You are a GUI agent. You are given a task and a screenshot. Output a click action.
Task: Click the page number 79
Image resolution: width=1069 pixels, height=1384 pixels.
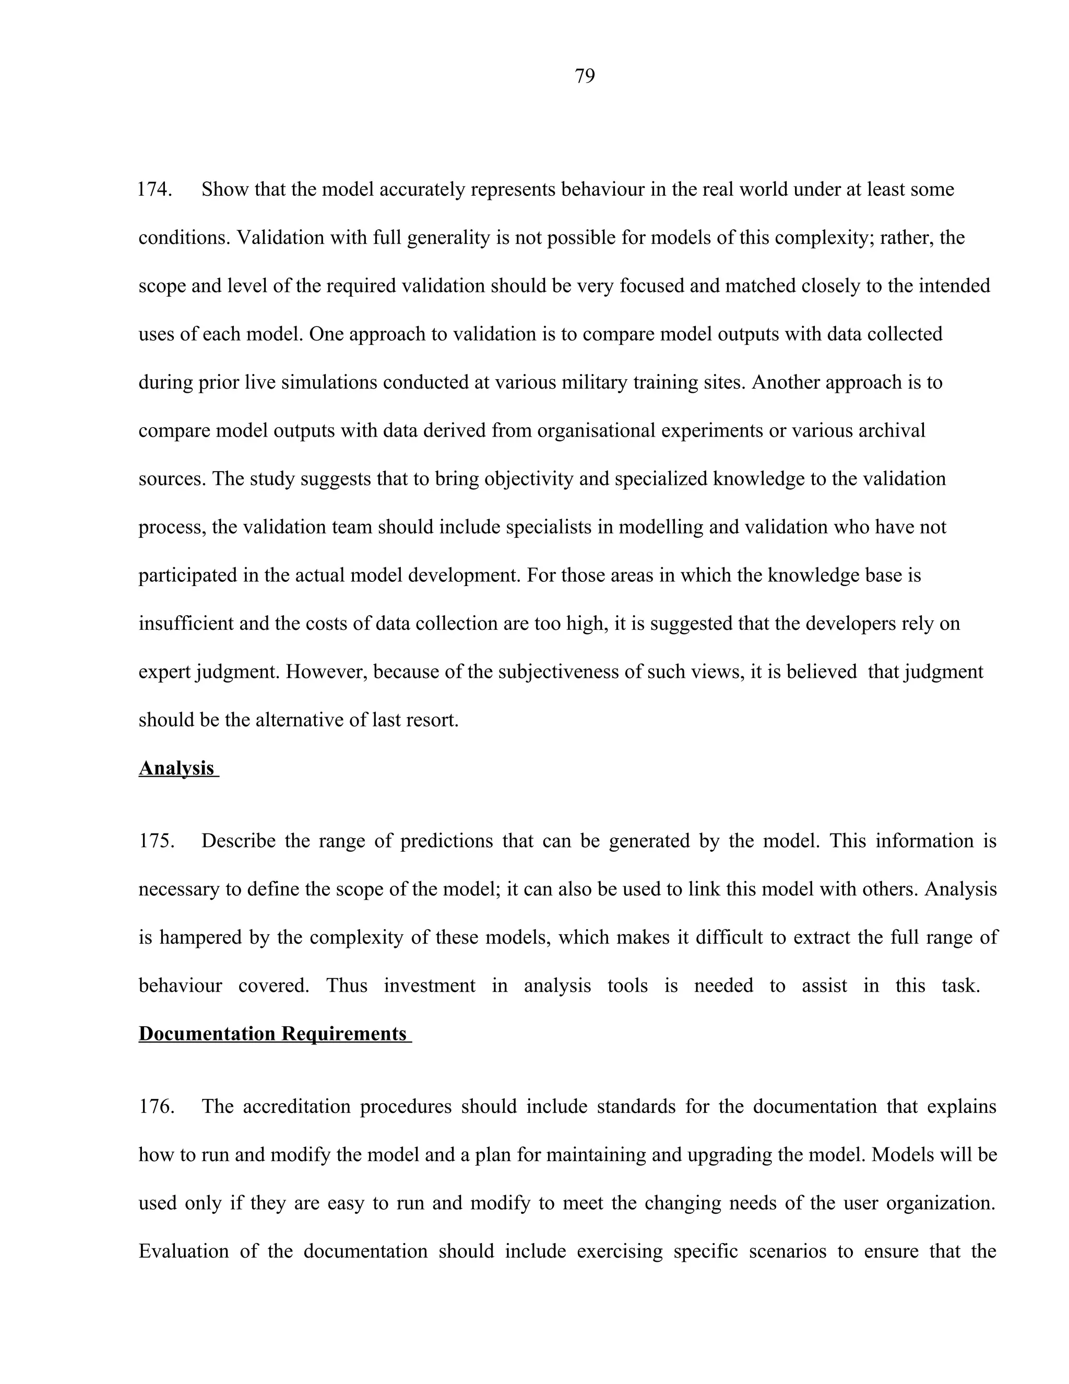[584, 77]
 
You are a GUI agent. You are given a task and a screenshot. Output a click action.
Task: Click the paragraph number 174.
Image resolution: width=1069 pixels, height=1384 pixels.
[155, 190]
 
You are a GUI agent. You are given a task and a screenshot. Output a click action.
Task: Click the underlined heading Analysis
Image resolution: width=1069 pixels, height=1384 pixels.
[177, 768]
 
